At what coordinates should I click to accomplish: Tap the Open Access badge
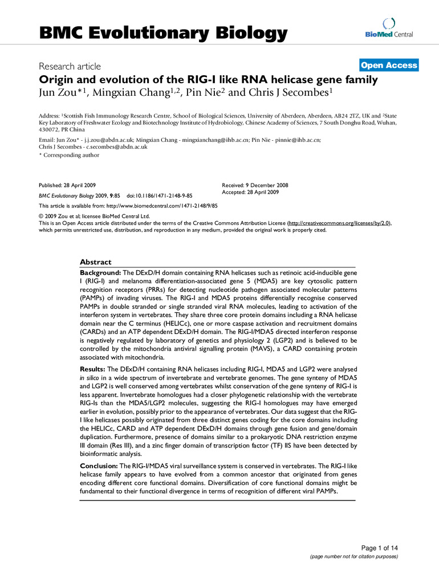pyautogui.click(x=389, y=66)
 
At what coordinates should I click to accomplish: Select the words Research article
pyautogui.click(x=70, y=66)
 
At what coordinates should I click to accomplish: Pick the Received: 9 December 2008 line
pyautogui.click(x=254, y=186)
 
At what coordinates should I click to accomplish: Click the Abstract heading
pyautogui.click(x=96, y=262)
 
